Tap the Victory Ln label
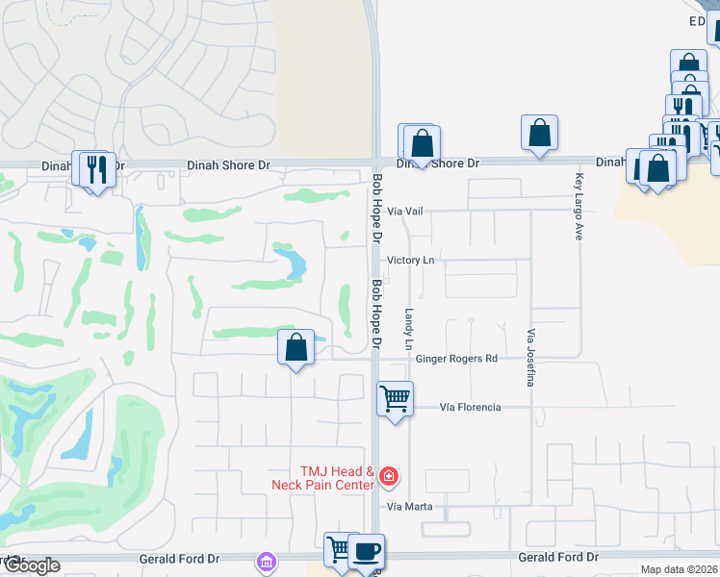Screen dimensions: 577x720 411,261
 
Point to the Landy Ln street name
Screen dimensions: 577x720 409,329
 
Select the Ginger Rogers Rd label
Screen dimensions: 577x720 456,359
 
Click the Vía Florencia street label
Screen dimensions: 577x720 470,408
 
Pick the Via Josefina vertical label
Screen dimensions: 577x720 530,358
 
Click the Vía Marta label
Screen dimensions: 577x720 409,507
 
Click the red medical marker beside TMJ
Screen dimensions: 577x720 388,475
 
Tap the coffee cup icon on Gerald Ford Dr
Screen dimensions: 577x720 366,551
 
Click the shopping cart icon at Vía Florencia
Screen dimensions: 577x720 395,398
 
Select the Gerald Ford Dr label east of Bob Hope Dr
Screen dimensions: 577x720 558,558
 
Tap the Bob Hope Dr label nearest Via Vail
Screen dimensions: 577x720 377,207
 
